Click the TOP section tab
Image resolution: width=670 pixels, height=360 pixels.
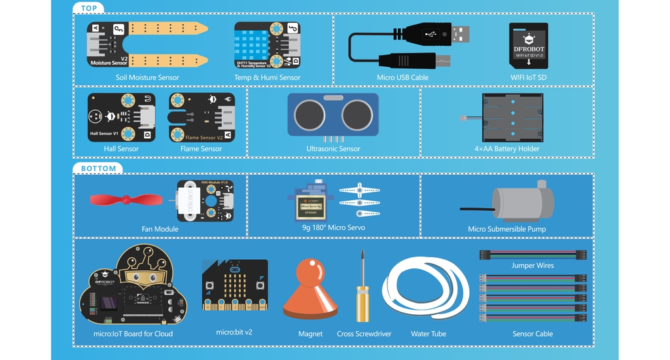(x=88, y=9)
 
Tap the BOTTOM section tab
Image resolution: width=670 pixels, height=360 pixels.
(x=98, y=168)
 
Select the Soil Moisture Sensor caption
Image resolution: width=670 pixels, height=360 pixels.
(x=147, y=77)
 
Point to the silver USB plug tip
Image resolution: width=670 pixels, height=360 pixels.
(x=460, y=33)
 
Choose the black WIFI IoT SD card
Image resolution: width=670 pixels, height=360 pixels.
(x=529, y=45)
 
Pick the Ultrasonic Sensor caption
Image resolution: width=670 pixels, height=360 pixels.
(x=333, y=149)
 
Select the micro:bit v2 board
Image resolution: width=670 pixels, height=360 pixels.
(x=235, y=285)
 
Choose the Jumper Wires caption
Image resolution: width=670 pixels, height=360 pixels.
(x=533, y=266)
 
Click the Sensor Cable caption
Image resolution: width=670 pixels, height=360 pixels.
(x=533, y=334)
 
